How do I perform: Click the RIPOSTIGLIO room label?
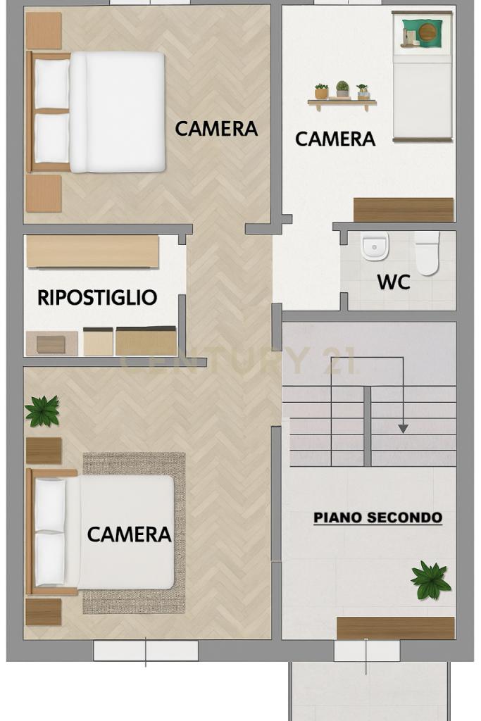(x=97, y=298)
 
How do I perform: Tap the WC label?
(x=394, y=282)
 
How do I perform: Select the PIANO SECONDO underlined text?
(x=378, y=518)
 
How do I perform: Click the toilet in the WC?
(x=427, y=253)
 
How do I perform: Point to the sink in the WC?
(x=375, y=247)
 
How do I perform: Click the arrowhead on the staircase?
(x=404, y=429)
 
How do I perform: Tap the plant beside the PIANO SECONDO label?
(x=430, y=581)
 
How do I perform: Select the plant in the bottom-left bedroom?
(x=42, y=410)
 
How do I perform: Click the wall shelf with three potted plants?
(x=342, y=96)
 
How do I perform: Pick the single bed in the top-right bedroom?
(x=423, y=76)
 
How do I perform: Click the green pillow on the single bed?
(x=423, y=33)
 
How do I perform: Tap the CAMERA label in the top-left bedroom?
(x=216, y=129)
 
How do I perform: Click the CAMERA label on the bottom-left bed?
(x=129, y=534)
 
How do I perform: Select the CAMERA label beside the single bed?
(x=335, y=139)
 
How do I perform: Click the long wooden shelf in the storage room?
(x=93, y=251)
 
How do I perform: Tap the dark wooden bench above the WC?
(x=404, y=210)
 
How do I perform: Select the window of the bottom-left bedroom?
(x=146, y=651)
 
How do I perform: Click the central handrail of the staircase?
(x=368, y=426)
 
